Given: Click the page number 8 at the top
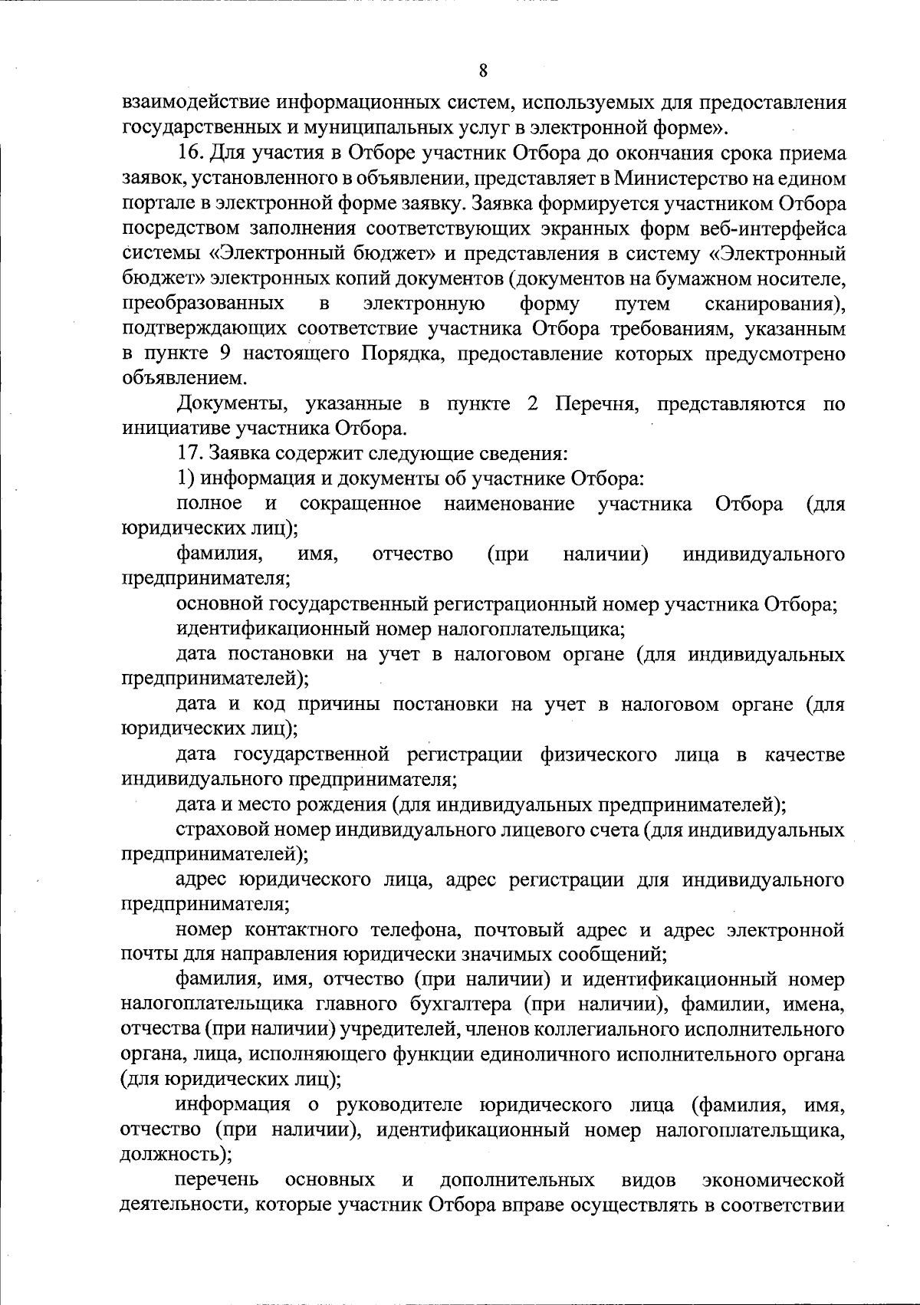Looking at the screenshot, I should (x=482, y=71).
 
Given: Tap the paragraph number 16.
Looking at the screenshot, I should (x=189, y=153).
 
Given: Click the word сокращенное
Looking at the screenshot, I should (x=360, y=505).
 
